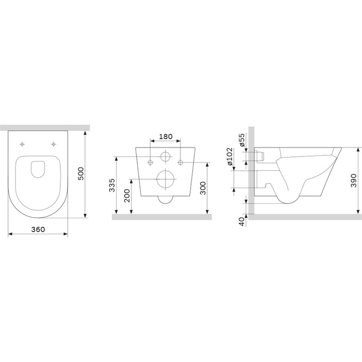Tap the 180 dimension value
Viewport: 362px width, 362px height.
(166, 137)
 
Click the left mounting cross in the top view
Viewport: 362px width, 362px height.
(22, 144)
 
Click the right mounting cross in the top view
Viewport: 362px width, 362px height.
(54, 144)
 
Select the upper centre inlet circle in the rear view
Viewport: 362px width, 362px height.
(166, 157)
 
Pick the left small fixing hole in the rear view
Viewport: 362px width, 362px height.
(151, 162)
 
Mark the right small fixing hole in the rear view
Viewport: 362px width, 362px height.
(181, 162)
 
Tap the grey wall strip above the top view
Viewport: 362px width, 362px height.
(45, 128)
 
